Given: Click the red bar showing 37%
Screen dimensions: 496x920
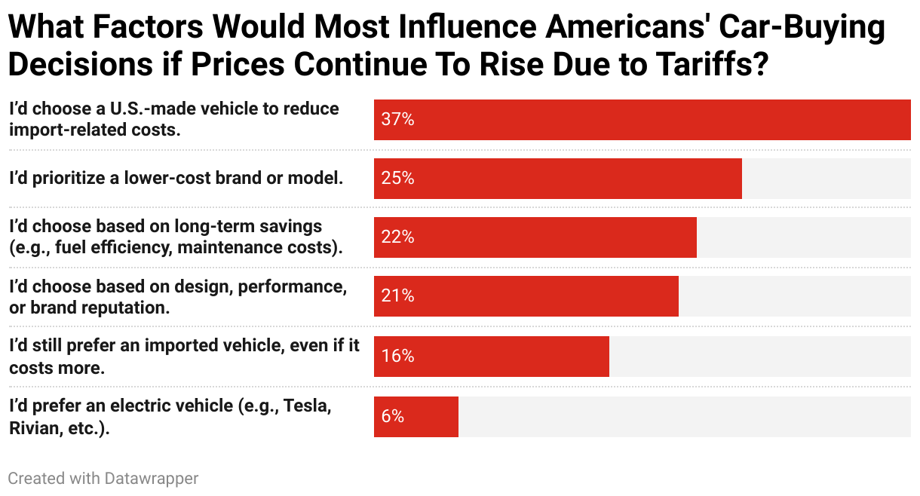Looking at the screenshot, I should point(641,120).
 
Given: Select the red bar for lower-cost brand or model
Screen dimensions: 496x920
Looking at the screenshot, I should point(558,179).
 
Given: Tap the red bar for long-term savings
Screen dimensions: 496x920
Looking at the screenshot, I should point(535,237).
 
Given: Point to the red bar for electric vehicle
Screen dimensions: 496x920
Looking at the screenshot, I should point(416,416).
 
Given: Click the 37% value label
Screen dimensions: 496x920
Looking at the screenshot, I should point(397,120).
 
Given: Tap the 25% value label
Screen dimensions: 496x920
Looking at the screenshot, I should point(397,179).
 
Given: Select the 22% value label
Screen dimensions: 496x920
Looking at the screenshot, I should point(397,237).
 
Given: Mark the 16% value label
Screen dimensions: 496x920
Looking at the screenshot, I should point(397,356).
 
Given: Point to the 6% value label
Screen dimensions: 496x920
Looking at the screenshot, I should point(393,416).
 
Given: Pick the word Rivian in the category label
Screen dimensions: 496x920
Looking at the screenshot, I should point(33,427).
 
